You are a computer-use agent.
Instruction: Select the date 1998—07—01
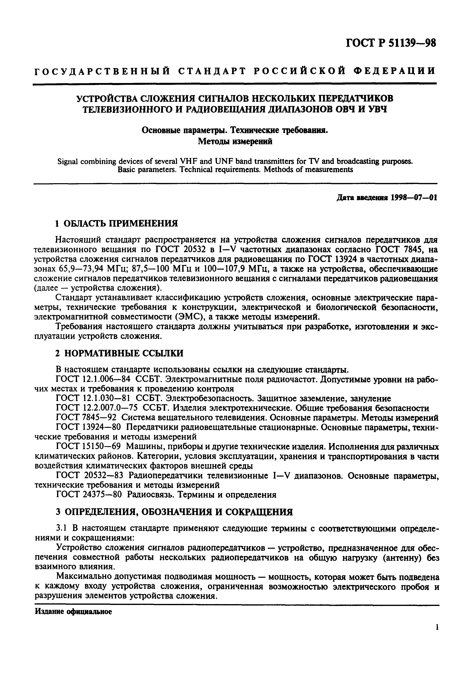point(414,198)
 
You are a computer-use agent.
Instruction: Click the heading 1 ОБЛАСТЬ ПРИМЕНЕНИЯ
point(117,223)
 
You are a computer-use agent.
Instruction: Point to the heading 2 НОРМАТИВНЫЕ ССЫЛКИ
point(120,353)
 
